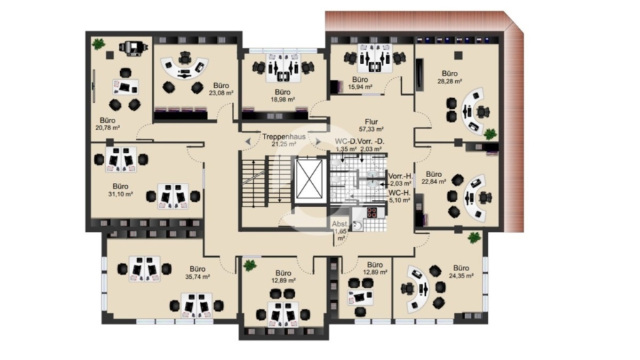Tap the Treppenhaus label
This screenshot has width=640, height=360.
tap(284, 137)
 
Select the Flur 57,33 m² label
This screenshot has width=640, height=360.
tap(371, 125)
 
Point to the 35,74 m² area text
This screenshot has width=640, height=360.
tap(198, 277)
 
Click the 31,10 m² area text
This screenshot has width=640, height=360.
tap(120, 194)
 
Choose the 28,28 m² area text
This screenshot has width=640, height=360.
tap(449, 81)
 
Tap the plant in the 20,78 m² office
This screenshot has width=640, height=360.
tap(98, 43)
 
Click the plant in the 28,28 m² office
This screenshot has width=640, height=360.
tap(490, 134)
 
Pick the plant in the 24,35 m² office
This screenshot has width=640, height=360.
tap(474, 238)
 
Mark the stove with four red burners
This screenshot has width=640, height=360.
tap(371, 212)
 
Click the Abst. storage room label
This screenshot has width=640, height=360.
tap(340, 224)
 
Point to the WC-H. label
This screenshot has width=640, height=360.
tap(399, 193)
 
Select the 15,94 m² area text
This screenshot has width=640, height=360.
tap(360, 87)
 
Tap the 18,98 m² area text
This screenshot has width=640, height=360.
tap(282, 99)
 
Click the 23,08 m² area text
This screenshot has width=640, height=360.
tap(221, 93)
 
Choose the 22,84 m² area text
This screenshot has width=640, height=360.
tap(434, 181)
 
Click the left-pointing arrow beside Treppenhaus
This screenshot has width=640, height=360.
tap(248, 142)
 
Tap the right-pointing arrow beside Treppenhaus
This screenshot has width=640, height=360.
tap(318, 142)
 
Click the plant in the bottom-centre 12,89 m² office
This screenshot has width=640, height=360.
tap(250, 265)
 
